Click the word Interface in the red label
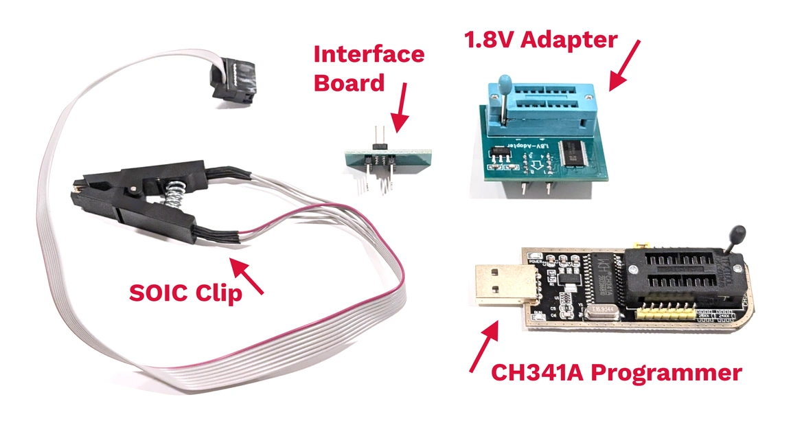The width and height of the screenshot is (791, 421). (x=369, y=54)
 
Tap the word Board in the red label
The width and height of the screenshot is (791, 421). (x=349, y=84)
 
